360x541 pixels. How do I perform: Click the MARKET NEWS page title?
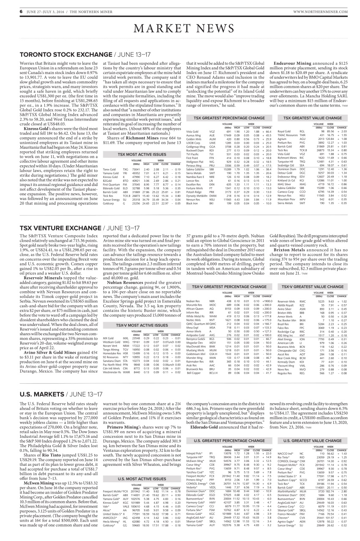pyautogui.click(x=180, y=29)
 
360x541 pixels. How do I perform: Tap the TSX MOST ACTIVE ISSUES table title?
pyautogui.click(x=142, y=155)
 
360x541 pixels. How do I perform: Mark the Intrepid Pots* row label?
pyautogui.click(x=193, y=453)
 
